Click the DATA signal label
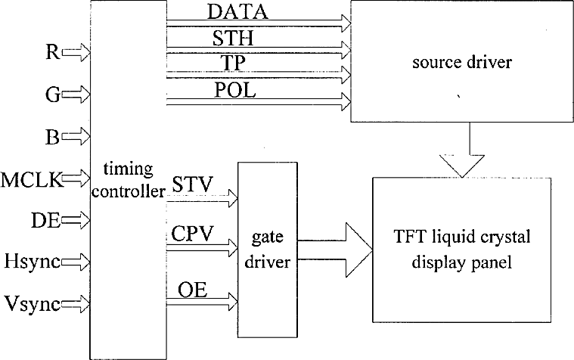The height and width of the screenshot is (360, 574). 237,11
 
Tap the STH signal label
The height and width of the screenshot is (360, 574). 233,38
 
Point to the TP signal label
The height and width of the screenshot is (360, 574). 233,63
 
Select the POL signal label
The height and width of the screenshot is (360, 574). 234,90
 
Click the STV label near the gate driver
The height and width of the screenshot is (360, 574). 192,185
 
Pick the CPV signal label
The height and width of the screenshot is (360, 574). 192,233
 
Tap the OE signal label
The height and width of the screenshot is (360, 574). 193,290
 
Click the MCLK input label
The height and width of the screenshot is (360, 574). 33,180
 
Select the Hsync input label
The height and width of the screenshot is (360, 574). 33,262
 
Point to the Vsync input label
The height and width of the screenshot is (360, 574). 33,303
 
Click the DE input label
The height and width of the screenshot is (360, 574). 46,221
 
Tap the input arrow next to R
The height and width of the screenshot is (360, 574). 76,53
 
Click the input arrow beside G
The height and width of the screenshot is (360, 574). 76,95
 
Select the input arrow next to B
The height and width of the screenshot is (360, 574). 76,137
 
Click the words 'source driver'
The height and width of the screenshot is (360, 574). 462,62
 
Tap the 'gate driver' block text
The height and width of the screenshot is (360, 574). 267,250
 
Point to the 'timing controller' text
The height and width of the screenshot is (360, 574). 128,180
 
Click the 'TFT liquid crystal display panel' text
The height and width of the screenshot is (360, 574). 462,250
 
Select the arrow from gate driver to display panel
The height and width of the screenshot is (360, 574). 335,250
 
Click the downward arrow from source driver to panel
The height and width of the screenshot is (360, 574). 462,150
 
